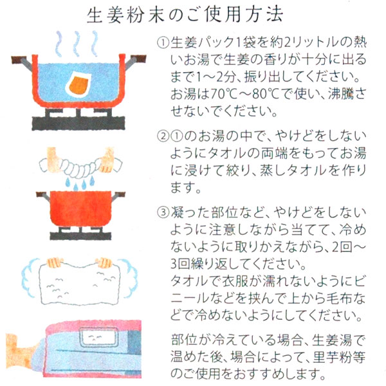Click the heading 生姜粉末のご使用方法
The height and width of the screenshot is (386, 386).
[193, 15]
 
